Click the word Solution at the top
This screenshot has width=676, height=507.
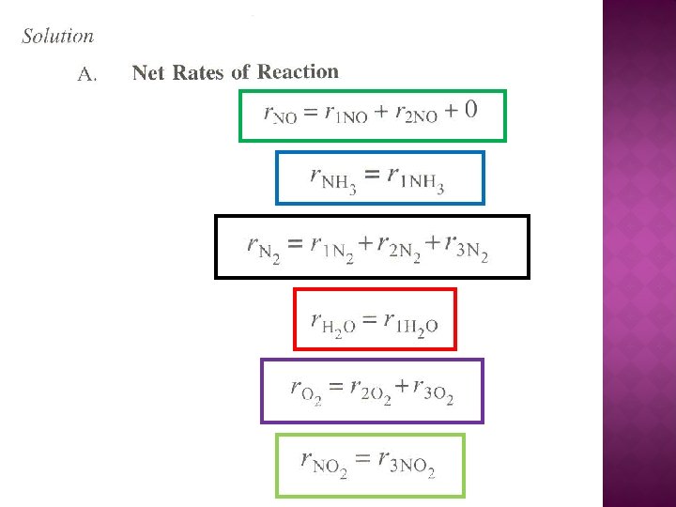pos(58,37)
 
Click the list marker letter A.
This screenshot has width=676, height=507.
pos(87,74)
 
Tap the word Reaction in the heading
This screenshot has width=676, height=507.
pos(298,71)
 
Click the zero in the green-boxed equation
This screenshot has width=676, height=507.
pos(469,110)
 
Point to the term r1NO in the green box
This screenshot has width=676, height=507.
pos(346,114)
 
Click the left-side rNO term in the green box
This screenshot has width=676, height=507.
pos(280,115)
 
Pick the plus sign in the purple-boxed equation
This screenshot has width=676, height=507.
pos(403,386)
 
